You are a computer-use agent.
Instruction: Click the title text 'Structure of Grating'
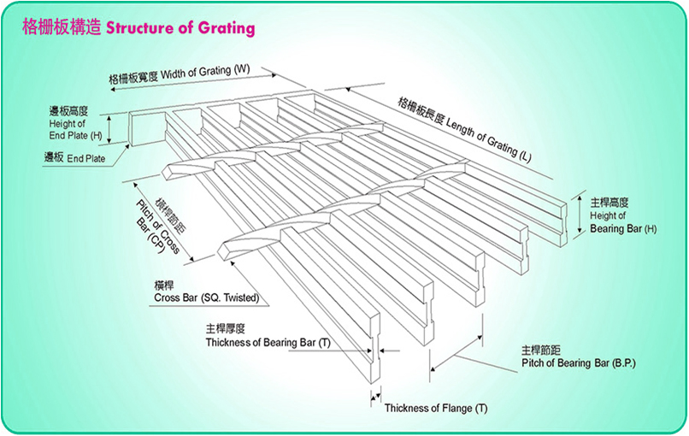click(x=180, y=27)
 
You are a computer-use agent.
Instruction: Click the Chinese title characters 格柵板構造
click(x=62, y=27)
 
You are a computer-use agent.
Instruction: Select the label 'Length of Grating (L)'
click(x=489, y=140)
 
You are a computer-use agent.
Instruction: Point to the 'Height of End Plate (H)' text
click(x=75, y=130)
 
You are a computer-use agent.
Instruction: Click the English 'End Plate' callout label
click(x=86, y=158)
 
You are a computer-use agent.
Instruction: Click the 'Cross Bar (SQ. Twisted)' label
click(x=206, y=298)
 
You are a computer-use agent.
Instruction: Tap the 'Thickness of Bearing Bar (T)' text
click(x=268, y=342)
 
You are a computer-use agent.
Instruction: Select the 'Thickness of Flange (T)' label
click(x=436, y=409)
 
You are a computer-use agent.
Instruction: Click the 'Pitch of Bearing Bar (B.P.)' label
click(x=579, y=363)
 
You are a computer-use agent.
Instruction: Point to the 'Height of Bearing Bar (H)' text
click(x=623, y=222)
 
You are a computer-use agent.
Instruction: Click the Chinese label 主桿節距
click(x=541, y=351)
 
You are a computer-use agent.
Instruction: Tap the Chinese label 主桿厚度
click(x=225, y=328)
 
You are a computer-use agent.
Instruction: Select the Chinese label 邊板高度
click(x=68, y=111)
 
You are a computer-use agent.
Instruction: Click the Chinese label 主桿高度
click(x=609, y=202)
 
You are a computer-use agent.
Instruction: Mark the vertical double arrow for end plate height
click(x=110, y=129)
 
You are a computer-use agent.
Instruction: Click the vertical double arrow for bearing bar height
click(x=580, y=215)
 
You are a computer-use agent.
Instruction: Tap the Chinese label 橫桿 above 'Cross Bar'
click(x=163, y=286)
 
